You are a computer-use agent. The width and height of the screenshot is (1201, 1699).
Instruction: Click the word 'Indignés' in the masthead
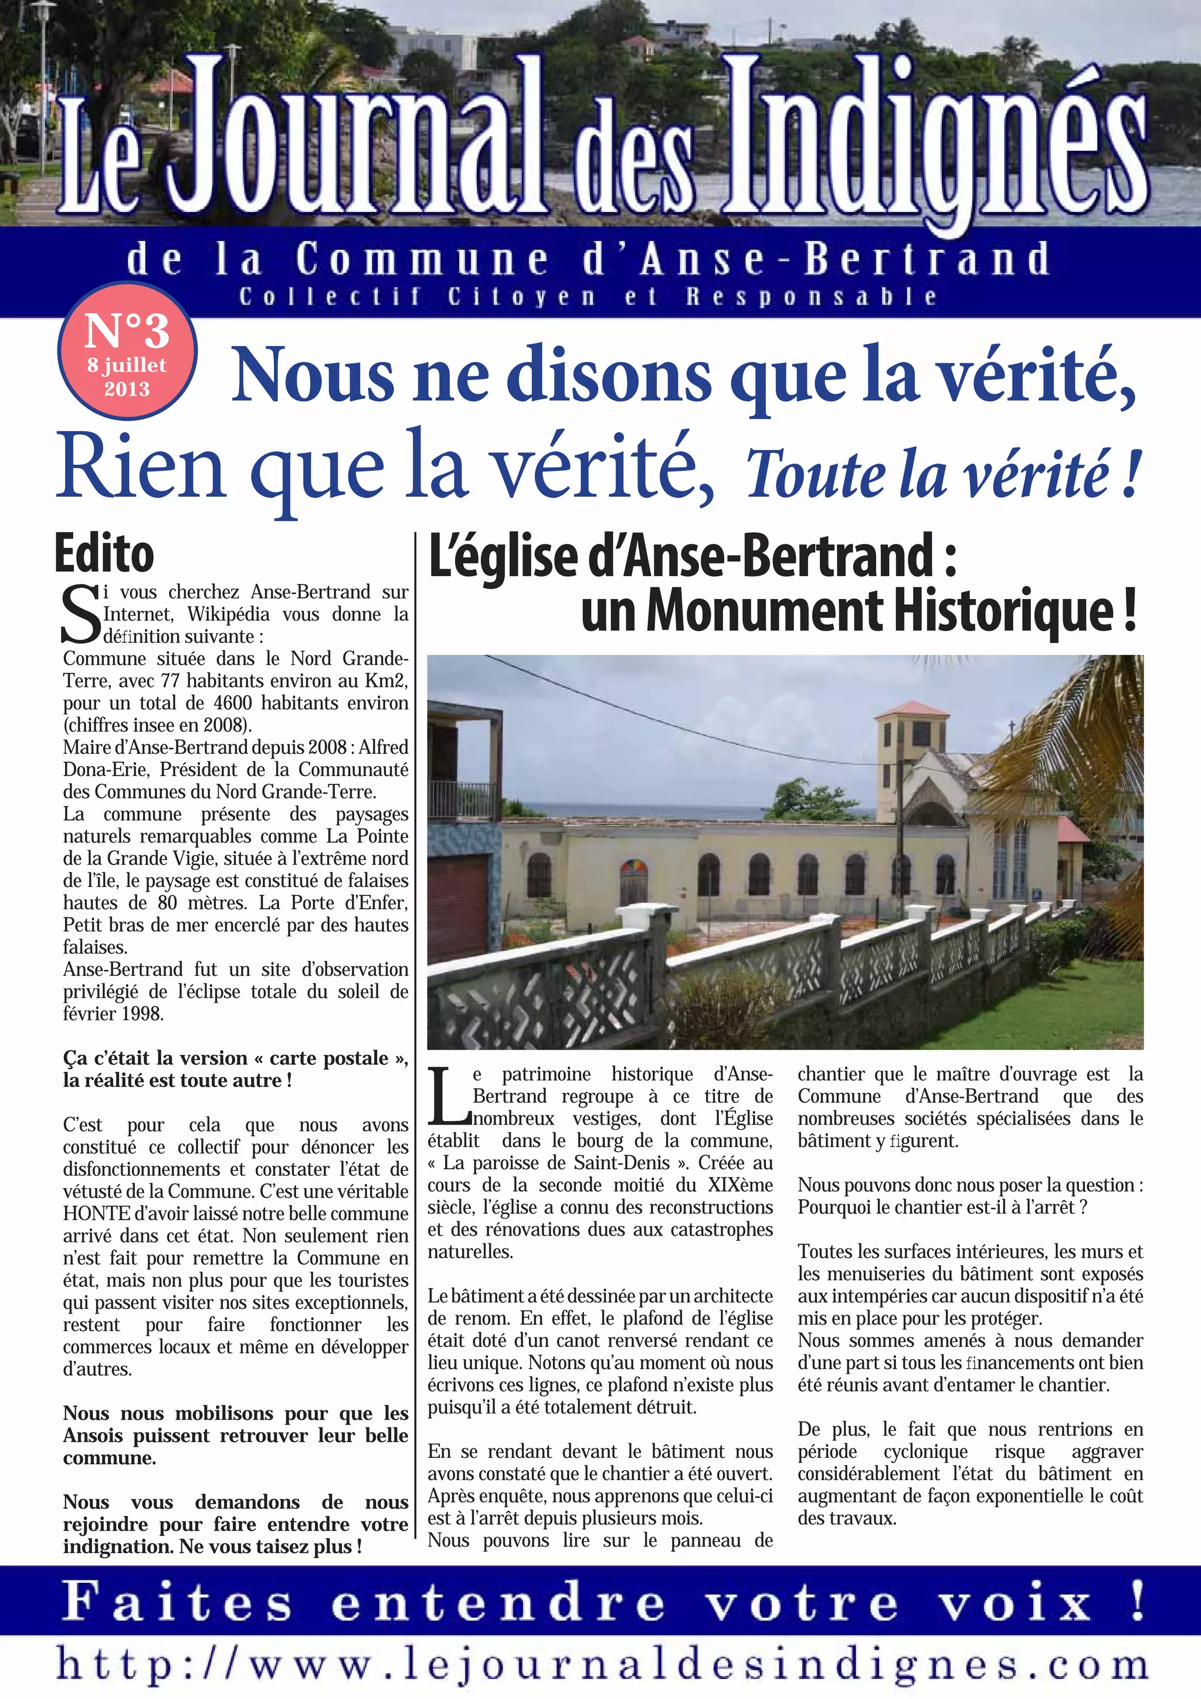(935, 137)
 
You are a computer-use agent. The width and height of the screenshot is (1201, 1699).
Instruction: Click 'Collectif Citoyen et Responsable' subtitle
(588, 297)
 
